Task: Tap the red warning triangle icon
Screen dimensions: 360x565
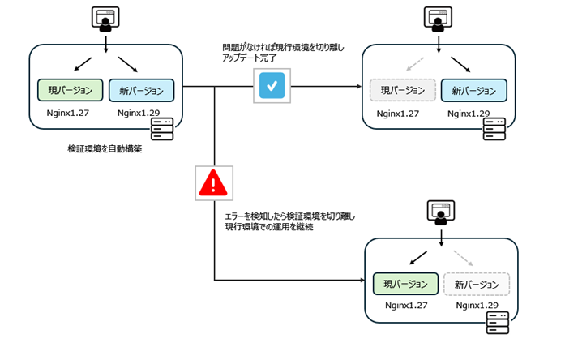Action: [x=214, y=183]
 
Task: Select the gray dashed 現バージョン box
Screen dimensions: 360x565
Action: [x=403, y=89]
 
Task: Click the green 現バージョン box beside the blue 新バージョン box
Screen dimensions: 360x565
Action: [x=71, y=89]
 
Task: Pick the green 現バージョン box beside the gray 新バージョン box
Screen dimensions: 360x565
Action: [x=405, y=284]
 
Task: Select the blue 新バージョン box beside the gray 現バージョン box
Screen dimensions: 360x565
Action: [x=474, y=89]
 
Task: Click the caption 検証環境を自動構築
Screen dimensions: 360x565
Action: [x=105, y=149]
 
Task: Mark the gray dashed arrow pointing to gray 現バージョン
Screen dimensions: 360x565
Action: [x=413, y=63]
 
